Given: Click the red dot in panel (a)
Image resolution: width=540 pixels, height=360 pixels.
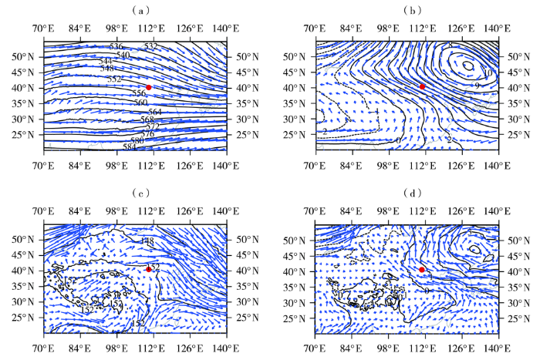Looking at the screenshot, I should click(x=149, y=87).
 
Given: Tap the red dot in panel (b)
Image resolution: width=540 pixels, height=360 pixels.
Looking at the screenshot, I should click(x=422, y=86).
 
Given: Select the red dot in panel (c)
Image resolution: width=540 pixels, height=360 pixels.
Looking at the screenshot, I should click(x=148, y=269).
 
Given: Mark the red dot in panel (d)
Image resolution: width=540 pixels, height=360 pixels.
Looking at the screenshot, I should click(x=422, y=269).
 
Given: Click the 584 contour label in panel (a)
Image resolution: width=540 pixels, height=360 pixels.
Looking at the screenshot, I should click(x=129, y=146).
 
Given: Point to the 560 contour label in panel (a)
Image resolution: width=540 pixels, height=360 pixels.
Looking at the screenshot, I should click(x=140, y=103).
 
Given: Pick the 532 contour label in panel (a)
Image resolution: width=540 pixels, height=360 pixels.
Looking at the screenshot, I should click(x=150, y=47).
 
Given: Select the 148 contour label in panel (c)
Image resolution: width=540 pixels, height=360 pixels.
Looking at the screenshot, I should click(x=147, y=242).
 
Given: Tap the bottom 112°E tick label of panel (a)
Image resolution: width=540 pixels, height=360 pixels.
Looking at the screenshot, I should click(x=150, y=163).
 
